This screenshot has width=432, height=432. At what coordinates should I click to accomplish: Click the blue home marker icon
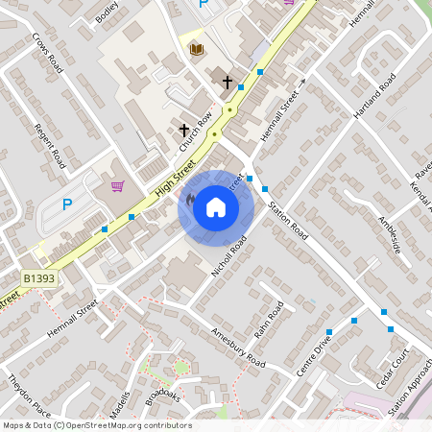[215, 207]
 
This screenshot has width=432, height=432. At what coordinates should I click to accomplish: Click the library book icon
[196, 48]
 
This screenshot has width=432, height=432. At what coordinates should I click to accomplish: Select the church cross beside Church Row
[183, 129]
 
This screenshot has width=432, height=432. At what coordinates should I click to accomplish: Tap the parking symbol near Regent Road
[66, 204]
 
